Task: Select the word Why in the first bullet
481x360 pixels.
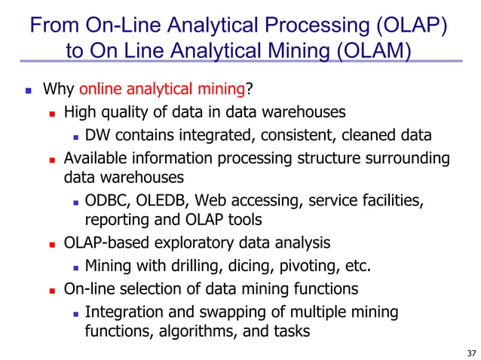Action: tap(57, 90)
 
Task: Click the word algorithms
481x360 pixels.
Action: tap(191, 330)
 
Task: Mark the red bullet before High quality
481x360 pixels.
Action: tap(53, 114)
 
